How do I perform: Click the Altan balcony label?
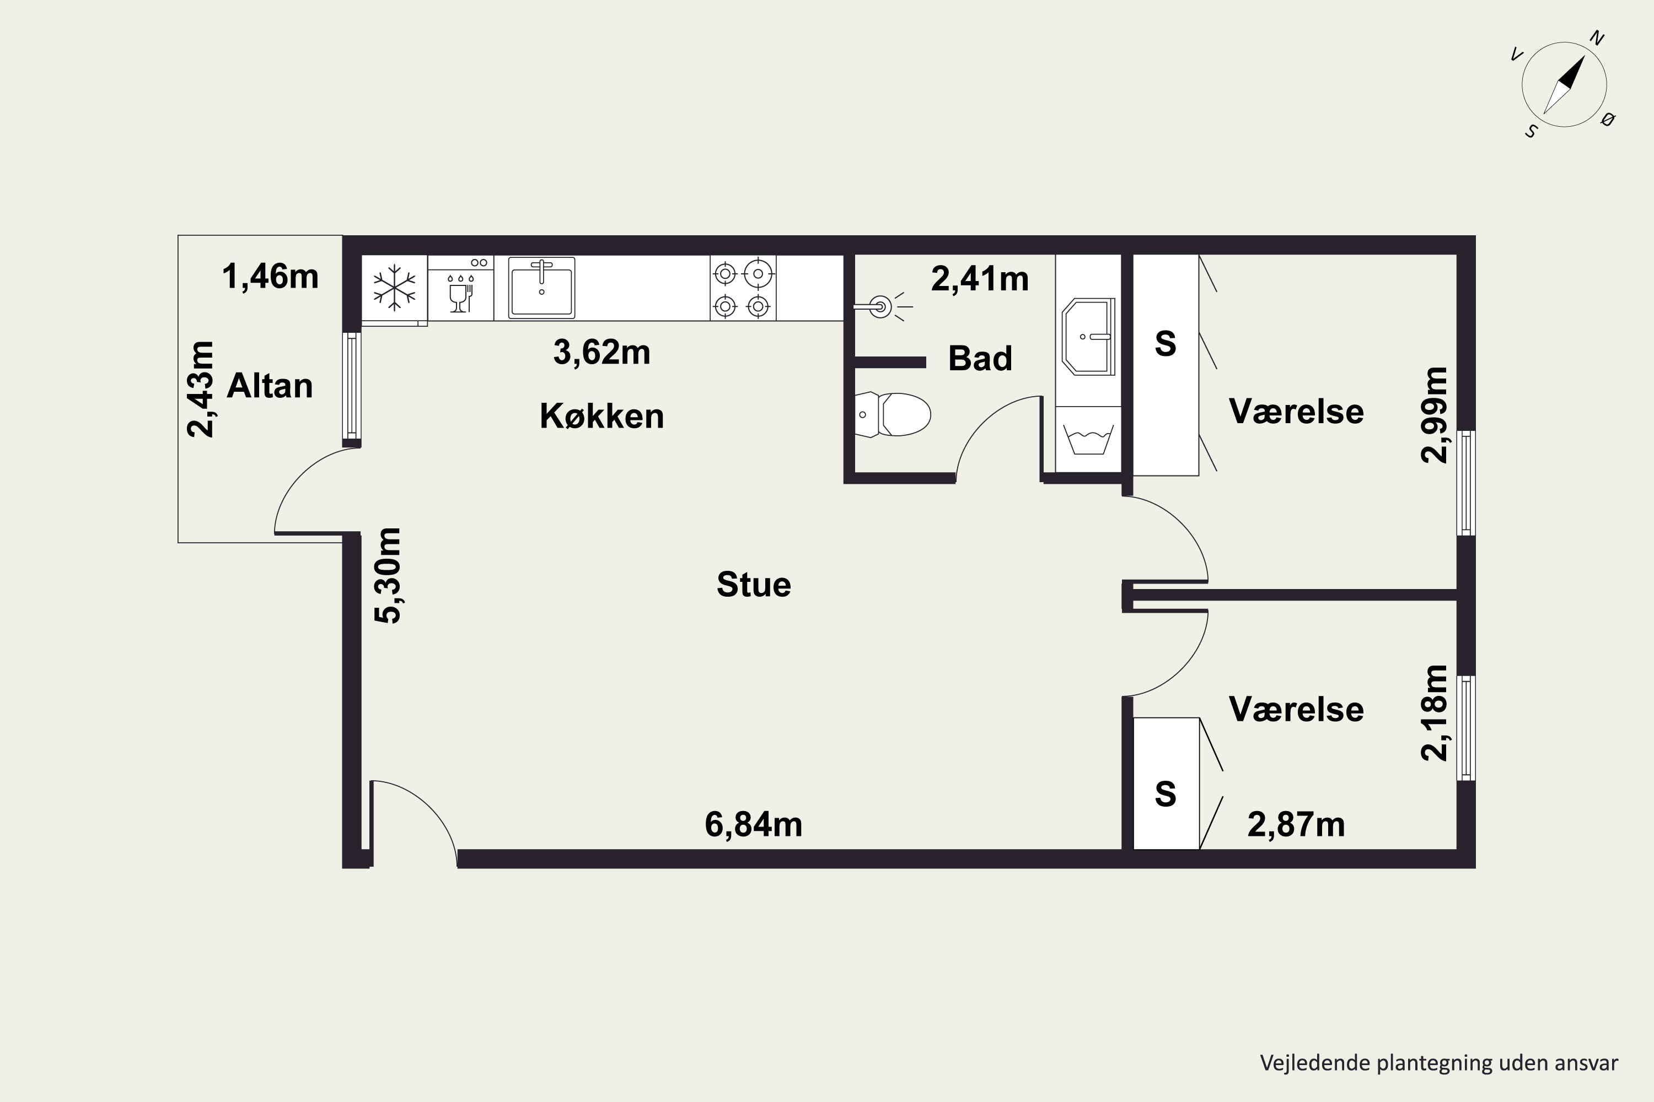coord(270,386)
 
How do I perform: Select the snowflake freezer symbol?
coord(395,288)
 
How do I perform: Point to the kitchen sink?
coord(541,288)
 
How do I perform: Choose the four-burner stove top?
coord(743,288)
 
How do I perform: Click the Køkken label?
coord(602,416)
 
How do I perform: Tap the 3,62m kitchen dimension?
coord(602,352)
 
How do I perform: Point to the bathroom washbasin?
coord(1088,337)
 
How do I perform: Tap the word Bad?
coord(980,359)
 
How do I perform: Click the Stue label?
coord(753,585)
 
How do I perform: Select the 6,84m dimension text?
coord(753,824)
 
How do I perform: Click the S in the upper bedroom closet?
coord(1166,344)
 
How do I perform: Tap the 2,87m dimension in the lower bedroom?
coord(1296,824)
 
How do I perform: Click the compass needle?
coord(1564,84)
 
